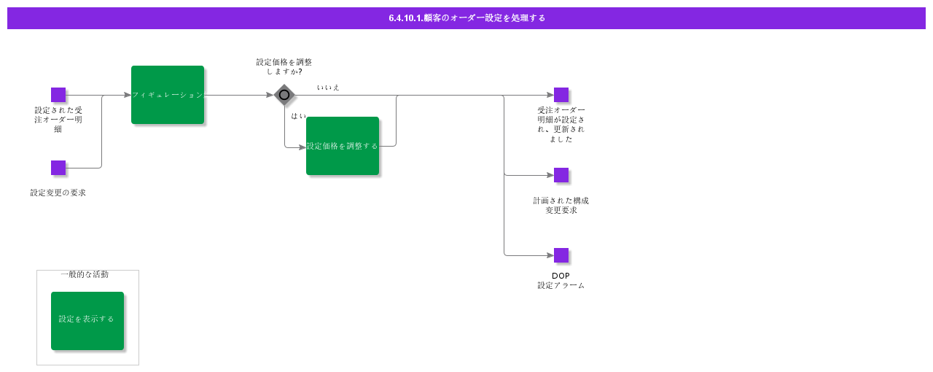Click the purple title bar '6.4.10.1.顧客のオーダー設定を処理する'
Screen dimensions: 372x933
pyautogui.click(x=466, y=18)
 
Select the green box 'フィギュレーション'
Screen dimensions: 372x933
pyautogui.click(x=168, y=95)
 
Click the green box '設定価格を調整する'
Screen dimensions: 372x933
pyautogui.click(x=343, y=146)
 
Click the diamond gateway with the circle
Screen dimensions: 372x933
pyautogui.click(x=284, y=95)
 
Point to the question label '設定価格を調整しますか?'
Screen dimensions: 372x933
pyautogui.click(x=284, y=66)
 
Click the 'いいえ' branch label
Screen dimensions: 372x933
pyautogui.click(x=328, y=88)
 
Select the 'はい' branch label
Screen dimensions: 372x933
pyautogui.click(x=299, y=116)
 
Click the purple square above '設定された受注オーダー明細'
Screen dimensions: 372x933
pyautogui.click(x=58, y=95)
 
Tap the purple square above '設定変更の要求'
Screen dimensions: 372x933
pyautogui.click(x=58, y=168)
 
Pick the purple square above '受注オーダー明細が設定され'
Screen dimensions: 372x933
pyautogui.click(x=561, y=95)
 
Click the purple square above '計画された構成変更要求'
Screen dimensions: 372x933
pyautogui.click(x=561, y=175)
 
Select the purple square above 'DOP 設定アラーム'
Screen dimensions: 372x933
pyautogui.click(x=561, y=255)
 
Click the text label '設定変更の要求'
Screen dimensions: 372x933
pyautogui.click(x=58, y=193)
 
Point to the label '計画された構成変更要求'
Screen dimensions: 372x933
pyautogui.click(x=561, y=205)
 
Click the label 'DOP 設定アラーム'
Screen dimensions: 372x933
pyautogui.click(x=561, y=281)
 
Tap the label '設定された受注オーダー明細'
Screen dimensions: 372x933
pyautogui.click(x=58, y=120)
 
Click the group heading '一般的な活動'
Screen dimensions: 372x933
pyautogui.click(x=85, y=274)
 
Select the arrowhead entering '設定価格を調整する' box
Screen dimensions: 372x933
pyautogui.click(x=302, y=147)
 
